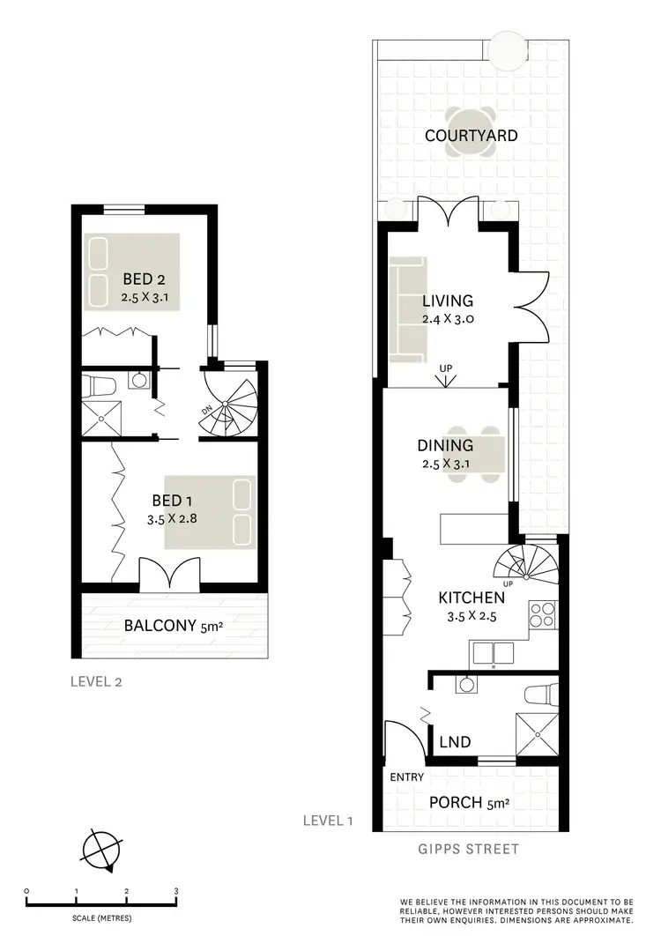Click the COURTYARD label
[471, 136]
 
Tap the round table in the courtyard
[471, 133]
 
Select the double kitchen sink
[493, 653]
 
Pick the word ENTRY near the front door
[406, 777]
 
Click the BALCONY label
[160, 627]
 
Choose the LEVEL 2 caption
[97, 681]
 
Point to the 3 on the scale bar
[176, 891]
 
